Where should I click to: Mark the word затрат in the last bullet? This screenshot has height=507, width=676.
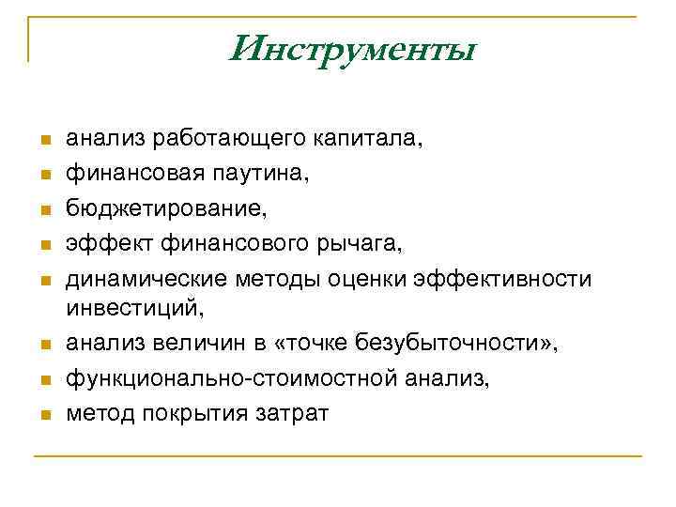click(292, 414)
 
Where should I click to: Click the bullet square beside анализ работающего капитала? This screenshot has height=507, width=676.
click(43, 141)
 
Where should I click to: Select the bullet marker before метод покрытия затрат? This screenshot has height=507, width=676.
click(43, 415)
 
